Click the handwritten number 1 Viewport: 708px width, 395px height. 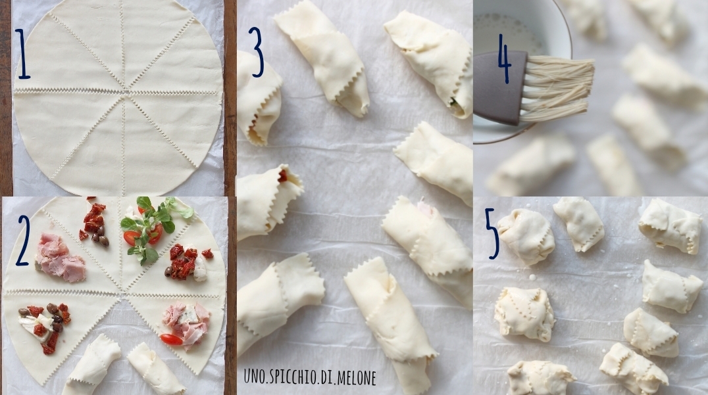tap(22, 54)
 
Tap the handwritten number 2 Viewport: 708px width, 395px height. tap(23, 241)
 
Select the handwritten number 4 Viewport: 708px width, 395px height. tap(504, 58)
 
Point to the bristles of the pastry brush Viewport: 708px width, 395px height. tap(557, 88)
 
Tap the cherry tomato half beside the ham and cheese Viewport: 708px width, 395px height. tap(171, 340)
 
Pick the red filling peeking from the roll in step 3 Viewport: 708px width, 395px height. tap(283, 175)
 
